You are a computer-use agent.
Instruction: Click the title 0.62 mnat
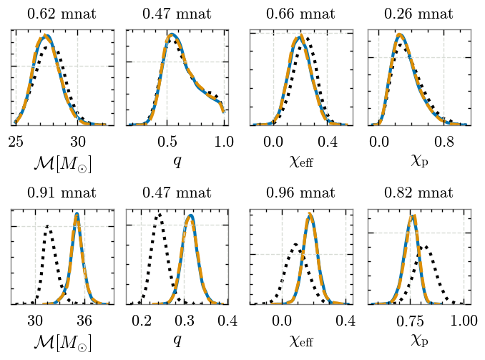coord(62,14)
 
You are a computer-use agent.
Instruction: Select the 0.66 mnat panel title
coord(300,14)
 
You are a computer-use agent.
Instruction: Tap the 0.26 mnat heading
coord(418,14)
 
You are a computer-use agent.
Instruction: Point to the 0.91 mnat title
coord(62,193)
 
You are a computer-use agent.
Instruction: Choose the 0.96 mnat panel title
coord(300,193)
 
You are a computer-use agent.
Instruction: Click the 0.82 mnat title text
coord(418,193)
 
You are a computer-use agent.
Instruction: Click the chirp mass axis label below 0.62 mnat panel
coord(62,163)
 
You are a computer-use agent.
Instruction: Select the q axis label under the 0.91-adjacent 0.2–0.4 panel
coord(177,340)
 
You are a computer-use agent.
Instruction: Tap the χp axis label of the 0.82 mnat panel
coord(419,340)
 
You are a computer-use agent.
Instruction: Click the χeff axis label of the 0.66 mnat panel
coord(301,162)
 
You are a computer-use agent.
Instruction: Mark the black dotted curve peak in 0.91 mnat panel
coord(48,226)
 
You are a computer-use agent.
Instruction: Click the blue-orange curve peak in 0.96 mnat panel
coord(309,214)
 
